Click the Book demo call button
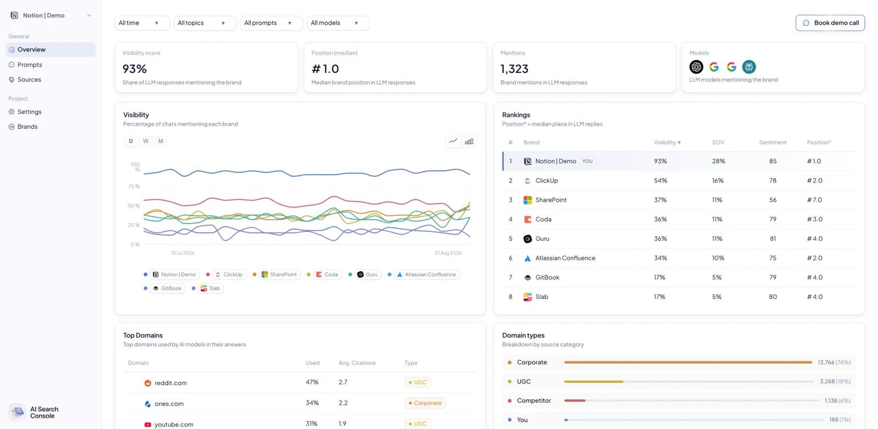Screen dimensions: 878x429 [830, 22]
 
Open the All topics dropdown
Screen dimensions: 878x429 [205, 22]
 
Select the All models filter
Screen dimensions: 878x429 [338, 22]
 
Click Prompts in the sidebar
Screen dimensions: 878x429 [30, 65]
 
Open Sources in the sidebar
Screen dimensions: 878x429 [29, 79]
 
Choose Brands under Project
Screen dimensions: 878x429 [27, 127]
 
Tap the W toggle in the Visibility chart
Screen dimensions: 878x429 [145, 141]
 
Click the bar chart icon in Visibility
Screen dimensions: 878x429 [469, 141]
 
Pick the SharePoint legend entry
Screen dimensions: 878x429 [279, 274]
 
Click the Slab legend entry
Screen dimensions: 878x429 [210, 288]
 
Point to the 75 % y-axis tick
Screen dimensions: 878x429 [134, 186]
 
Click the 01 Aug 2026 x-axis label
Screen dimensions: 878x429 [448, 253]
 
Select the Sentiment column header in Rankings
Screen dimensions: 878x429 [773, 142]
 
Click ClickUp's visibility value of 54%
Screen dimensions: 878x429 [661, 180]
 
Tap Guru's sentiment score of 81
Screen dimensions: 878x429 [773, 238]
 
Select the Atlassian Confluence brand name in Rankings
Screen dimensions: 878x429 [565, 258]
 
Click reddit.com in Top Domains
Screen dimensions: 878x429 [171, 383]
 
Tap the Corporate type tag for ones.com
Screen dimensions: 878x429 [425, 403]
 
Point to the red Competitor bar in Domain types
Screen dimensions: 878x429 [575, 401]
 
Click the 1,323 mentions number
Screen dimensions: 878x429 [514, 69]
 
